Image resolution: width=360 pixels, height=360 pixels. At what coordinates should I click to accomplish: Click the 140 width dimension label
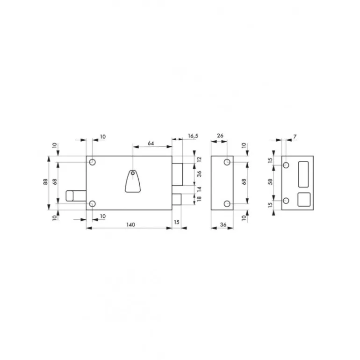130,224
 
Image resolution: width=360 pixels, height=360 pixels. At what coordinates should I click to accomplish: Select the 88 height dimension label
45,182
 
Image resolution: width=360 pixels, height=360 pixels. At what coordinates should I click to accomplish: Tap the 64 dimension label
151,143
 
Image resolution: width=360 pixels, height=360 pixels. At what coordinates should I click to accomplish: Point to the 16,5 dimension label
193,136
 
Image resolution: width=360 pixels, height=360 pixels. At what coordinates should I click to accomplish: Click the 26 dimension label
220,136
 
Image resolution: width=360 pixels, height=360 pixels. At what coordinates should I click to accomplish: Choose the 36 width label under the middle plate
223,225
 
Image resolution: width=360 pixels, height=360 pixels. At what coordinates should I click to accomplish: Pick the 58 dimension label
270,182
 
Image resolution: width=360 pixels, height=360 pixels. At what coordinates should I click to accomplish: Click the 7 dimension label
295,137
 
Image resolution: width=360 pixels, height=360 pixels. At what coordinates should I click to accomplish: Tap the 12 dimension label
199,159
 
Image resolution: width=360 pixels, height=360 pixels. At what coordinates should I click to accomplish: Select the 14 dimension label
199,189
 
